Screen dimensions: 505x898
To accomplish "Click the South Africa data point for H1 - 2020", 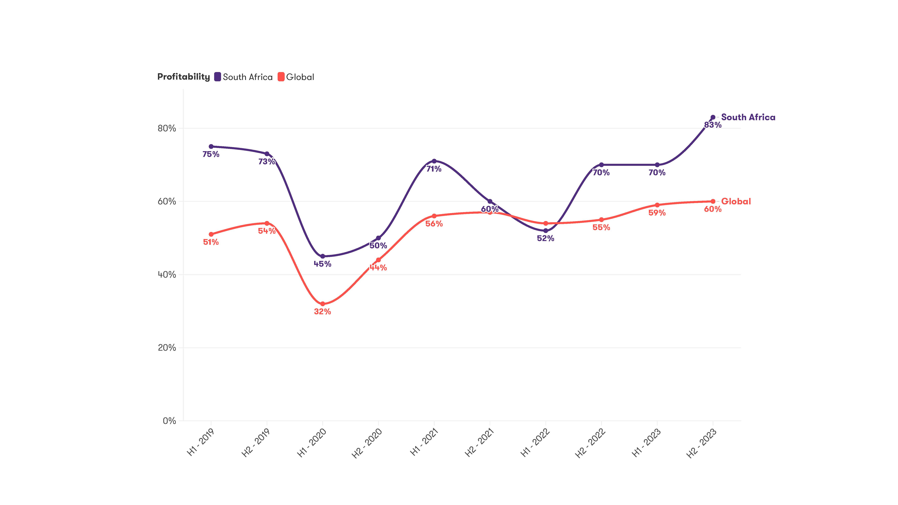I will point(322,256).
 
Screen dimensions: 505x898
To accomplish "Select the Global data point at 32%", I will point(322,304).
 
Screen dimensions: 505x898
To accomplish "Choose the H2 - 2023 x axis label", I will point(701,443).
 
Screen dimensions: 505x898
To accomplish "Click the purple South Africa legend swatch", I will point(218,77).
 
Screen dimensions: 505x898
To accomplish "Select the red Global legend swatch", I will point(281,77).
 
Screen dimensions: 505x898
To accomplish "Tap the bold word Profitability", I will point(183,77).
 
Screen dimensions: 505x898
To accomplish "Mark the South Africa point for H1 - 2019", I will point(211,146).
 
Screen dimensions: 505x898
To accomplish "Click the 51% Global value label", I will point(211,242).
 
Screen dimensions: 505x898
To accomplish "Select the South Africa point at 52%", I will point(546,231).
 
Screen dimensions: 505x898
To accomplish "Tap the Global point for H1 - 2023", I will point(657,205).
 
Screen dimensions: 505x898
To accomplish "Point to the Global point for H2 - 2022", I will point(601,220).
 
